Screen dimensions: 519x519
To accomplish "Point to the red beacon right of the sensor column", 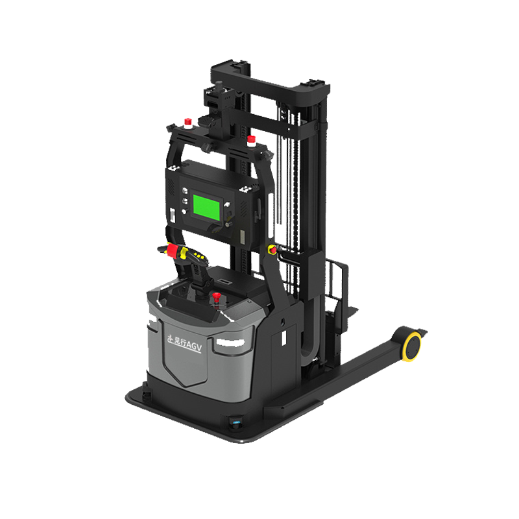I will (254, 138).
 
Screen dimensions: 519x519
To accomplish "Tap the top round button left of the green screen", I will (184, 191).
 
